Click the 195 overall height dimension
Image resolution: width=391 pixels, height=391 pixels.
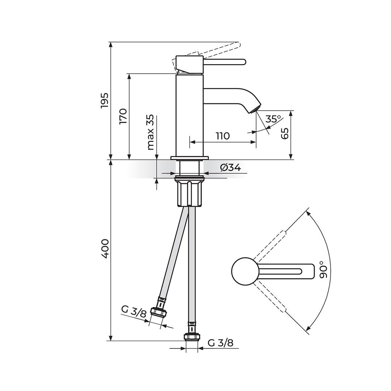(x=104, y=100)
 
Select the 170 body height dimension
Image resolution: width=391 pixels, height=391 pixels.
(x=123, y=116)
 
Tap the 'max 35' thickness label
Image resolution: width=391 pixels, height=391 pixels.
(x=151, y=132)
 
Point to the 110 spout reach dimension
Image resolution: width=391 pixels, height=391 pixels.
(x=223, y=136)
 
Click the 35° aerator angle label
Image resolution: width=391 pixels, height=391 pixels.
(x=273, y=119)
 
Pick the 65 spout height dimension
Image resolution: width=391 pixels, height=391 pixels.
(x=285, y=133)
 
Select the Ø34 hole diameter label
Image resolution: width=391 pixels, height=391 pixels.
(x=230, y=167)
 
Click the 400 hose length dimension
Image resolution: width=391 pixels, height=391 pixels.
(x=105, y=248)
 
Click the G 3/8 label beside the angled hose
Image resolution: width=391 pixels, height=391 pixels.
(x=134, y=311)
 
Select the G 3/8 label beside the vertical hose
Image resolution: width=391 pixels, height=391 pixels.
(x=220, y=342)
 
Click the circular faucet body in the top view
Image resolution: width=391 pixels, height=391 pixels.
(x=245, y=271)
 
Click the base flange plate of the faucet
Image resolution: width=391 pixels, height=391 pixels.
(x=190, y=158)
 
